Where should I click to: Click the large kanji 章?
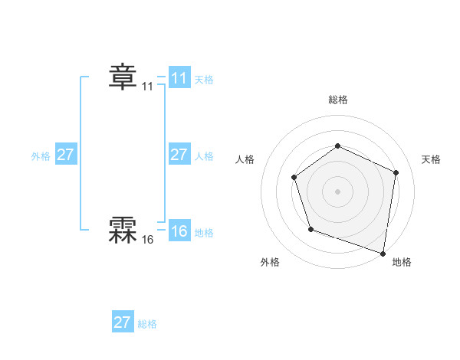tap(122, 77)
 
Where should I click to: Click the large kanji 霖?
tap(122, 229)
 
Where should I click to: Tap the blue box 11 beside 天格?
tap(179, 78)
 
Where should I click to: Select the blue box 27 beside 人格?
tap(179, 155)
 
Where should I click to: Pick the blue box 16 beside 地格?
tap(179, 231)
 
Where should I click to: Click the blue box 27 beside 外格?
tap(65, 155)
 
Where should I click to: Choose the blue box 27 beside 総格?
tap(123, 322)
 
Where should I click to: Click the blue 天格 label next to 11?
tap(204, 80)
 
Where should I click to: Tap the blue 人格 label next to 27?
tap(204, 156)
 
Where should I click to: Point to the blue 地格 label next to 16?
tap(204, 233)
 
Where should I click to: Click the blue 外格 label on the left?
tap(41, 156)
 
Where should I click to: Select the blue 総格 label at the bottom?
tap(147, 324)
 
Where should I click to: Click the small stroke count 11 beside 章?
tap(147, 87)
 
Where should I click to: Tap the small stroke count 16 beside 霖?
tap(147, 240)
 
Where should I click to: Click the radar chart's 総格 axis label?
tap(337, 100)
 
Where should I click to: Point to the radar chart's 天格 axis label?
tap(432, 159)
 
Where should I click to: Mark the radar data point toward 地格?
tap(383, 253)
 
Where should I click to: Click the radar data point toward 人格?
tap(294, 178)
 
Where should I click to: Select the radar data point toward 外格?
tap(310, 228)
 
